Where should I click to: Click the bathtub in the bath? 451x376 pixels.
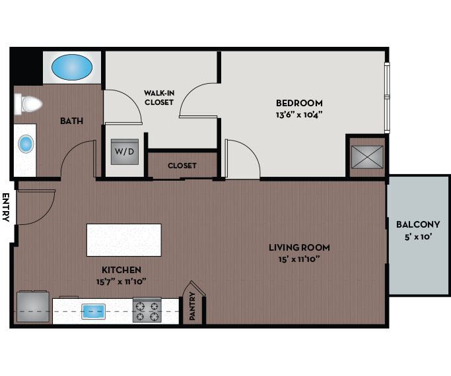click(x=72, y=67)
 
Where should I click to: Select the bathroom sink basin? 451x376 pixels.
click(x=26, y=144)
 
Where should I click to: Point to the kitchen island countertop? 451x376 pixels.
click(x=123, y=239)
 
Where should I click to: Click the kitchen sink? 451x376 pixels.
click(x=94, y=311)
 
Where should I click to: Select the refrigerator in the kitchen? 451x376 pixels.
click(x=32, y=307)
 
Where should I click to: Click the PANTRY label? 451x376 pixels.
click(x=193, y=307)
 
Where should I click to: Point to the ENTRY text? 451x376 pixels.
click(x=6, y=207)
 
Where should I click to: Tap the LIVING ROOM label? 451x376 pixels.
click(x=299, y=248)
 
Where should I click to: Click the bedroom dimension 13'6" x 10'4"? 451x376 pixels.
click(x=299, y=114)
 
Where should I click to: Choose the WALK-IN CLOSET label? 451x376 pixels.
click(x=158, y=98)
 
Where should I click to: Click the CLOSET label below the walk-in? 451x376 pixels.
click(x=182, y=166)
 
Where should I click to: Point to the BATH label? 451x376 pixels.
click(x=71, y=121)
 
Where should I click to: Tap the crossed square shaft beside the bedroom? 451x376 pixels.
click(x=367, y=156)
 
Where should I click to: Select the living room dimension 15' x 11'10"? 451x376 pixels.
click(x=299, y=259)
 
